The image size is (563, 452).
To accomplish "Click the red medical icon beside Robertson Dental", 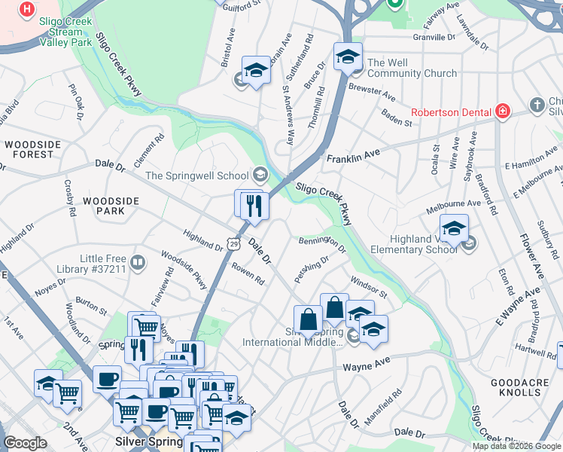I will [x=502, y=111].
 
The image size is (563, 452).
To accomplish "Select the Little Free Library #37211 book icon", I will [x=137, y=262].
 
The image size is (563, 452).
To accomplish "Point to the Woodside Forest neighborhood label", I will [x=29, y=149].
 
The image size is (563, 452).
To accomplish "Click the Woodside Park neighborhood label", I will [x=111, y=206].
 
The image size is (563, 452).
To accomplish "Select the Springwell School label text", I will [x=196, y=176].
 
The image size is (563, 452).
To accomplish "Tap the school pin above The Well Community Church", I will [x=348, y=56].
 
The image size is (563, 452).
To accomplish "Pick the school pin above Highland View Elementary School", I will [x=454, y=228].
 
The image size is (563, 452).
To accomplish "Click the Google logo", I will [x=26, y=443].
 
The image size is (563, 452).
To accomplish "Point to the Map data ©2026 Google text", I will [x=516, y=445].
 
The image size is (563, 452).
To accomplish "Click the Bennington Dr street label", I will [x=321, y=243].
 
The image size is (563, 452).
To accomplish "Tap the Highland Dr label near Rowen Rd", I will [x=202, y=240].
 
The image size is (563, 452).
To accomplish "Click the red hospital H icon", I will [x=27, y=9].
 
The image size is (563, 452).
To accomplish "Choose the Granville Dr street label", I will [x=434, y=36].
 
